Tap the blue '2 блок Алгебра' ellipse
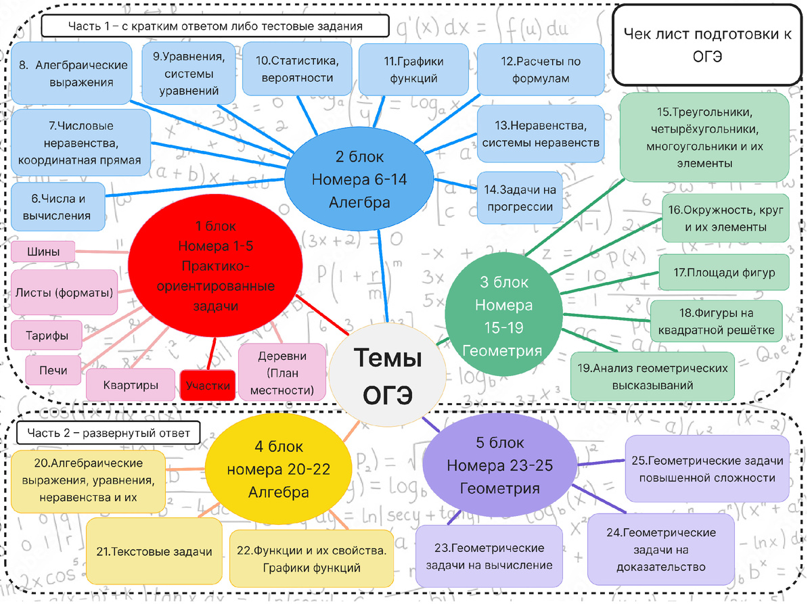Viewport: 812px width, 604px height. [359, 179]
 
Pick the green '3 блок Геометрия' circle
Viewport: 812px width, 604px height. [502, 316]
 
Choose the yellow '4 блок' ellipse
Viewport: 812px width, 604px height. [278, 469]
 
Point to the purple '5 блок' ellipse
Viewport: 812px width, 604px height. [499, 465]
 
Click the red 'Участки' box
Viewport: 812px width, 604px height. [208, 386]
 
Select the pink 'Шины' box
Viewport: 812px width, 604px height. [43, 252]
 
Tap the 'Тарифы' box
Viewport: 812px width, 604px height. [47, 335]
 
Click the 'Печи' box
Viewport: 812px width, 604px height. [53, 370]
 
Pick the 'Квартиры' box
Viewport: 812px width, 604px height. [130, 385]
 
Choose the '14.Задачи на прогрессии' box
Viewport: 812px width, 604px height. [519, 198]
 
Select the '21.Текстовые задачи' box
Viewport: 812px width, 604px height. [154, 551]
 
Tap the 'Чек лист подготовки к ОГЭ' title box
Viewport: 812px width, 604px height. [707, 45]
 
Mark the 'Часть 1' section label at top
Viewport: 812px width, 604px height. [215, 26]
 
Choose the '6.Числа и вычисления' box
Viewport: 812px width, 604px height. [59, 207]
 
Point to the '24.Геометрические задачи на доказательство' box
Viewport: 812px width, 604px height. [660, 549]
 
